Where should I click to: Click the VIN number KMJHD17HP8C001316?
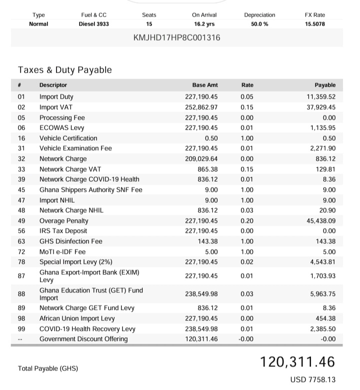(x=177, y=38)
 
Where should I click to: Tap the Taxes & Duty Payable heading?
(x=65, y=70)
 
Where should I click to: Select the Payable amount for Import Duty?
(x=320, y=97)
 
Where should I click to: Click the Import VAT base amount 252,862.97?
(x=201, y=107)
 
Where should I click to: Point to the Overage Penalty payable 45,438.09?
(x=320, y=221)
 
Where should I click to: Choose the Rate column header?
(x=247, y=85)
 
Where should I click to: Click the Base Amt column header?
(x=205, y=85)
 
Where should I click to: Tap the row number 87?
(x=21, y=276)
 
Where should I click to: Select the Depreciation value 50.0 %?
(x=259, y=24)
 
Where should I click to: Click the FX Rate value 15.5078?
(x=314, y=24)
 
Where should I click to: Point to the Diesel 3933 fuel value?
(x=93, y=24)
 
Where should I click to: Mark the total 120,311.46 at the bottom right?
(x=297, y=362)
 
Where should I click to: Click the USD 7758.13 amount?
(x=312, y=380)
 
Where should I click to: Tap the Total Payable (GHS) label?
(x=48, y=368)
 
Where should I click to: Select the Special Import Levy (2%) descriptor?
(x=75, y=262)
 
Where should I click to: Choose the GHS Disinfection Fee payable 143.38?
(x=325, y=241)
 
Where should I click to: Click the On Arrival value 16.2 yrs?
(x=204, y=24)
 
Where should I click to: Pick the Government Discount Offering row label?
(x=83, y=339)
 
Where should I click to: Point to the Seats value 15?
(x=149, y=24)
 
